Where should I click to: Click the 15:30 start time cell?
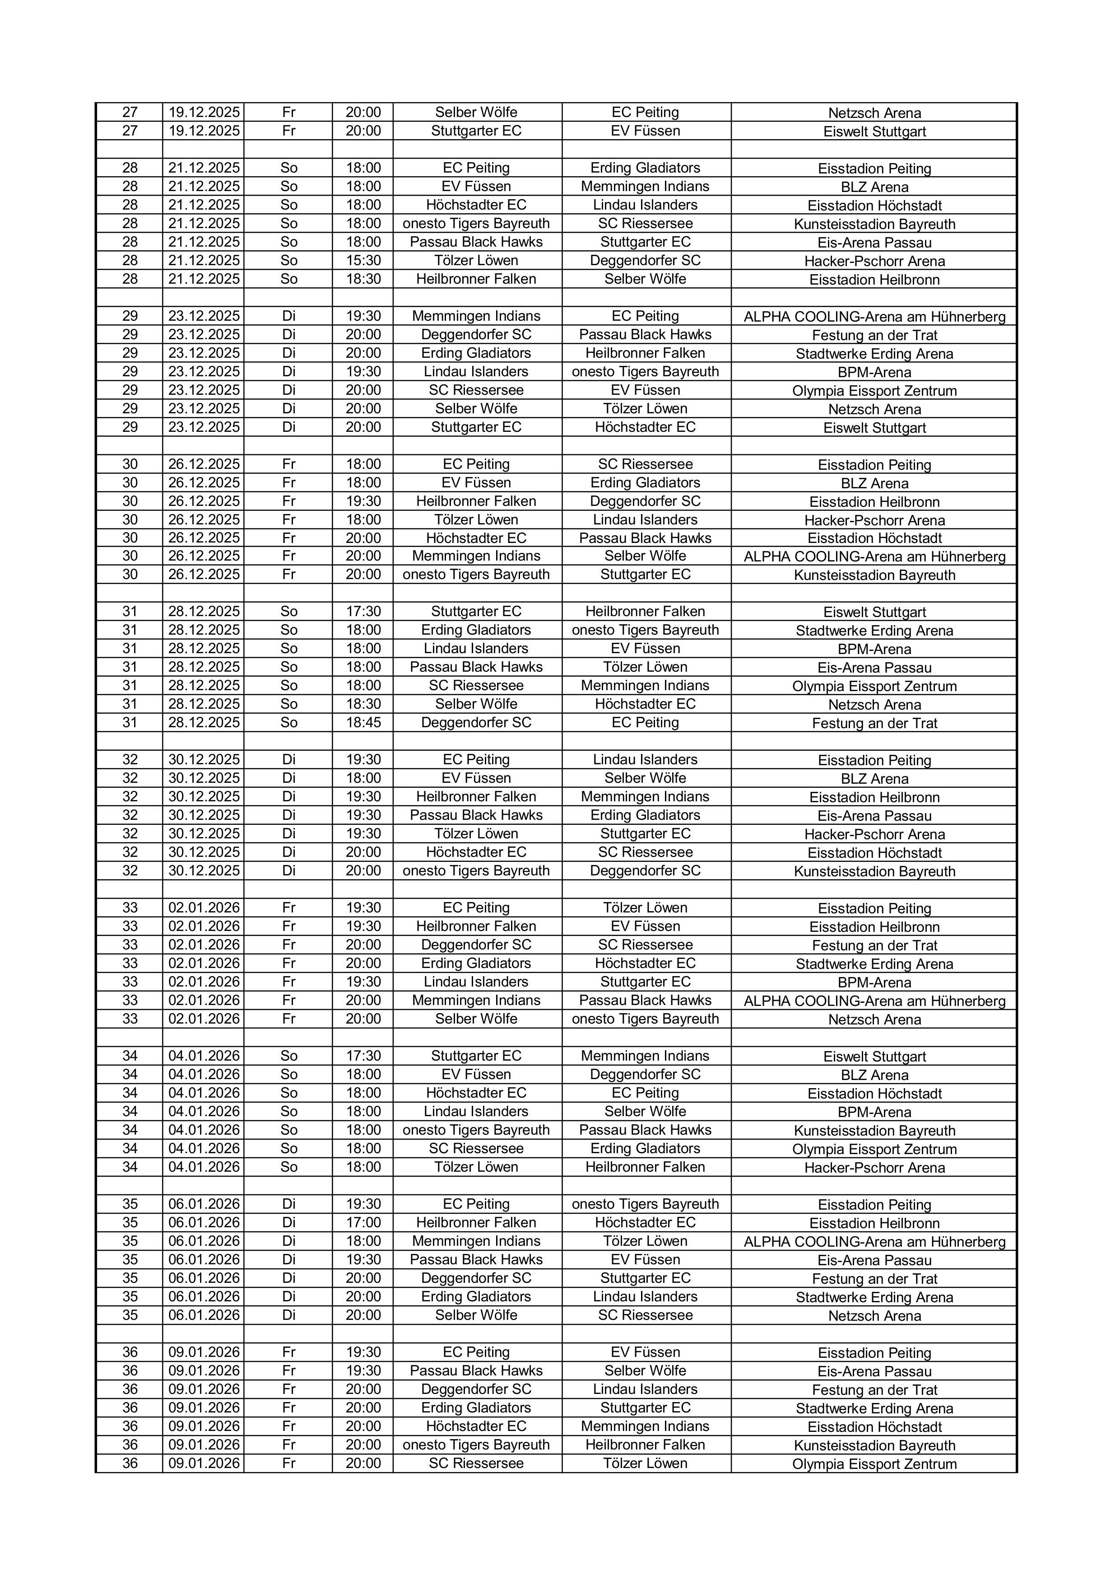tap(363, 260)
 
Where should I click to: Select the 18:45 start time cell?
tap(363, 722)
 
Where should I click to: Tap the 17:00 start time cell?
tap(363, 1222)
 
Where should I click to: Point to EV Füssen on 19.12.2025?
tap(645, 131)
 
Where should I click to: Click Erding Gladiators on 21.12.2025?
tap(645, 168)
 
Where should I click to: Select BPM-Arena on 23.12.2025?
tap(874, 372)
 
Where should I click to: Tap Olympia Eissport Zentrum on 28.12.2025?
tap(874, 686)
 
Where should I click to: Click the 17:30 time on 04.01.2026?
tap(363, 1056)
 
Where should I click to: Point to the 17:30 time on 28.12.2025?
tap(363, 611)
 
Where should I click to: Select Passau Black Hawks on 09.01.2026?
tap(476, 1370)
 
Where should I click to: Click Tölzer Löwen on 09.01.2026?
tap(645, 1463)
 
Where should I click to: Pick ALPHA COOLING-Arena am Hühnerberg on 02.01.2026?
tap(874, 1001)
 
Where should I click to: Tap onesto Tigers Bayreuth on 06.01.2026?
tap(645, 1203)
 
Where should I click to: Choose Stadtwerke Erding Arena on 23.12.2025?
tap(874, 353)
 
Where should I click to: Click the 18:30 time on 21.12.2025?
tap(363, 279)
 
